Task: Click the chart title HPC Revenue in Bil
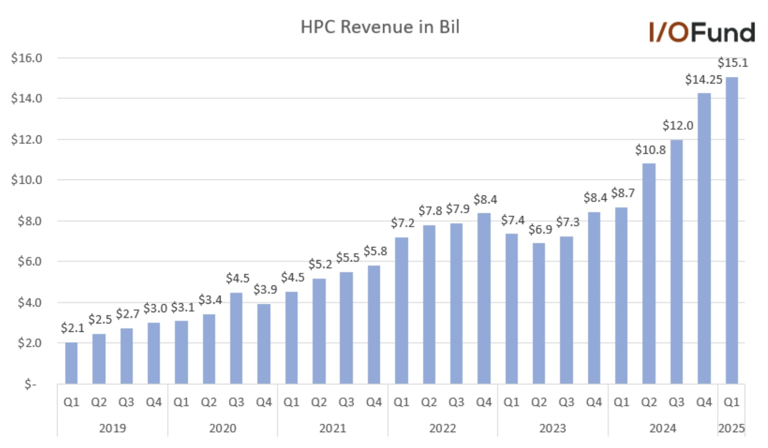pyautogui.click(x=380, y=27)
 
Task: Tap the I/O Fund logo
pyautogui.click(x=702, y=33)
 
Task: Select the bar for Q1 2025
pyautogui.click(x=732, y=230)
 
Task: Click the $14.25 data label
pyautogui.click(x=703, y=80)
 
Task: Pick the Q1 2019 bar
pyautogui.click(x=71, y=363)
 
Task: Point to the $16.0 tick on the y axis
pyautogui.click(x=26, y=58)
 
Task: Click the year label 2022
pyautogui.click(x=442, y=428)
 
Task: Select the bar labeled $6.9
pyautogui.click(x=539, y=313)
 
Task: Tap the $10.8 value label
pyautogui.click(x=650, y=150)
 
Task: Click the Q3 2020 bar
pyautogui.click(x=236, y=338)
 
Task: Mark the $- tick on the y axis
pyautogui.click(x=30, y=384)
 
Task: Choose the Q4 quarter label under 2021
pyautogui.click(x=374, y=402)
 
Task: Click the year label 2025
pyautogui.click(x=731, y=428)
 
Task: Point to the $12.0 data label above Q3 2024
pyautogui.click(x=677, y=125)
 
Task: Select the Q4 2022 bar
pyautogui.click(x=484, y=298)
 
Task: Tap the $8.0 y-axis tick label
pyautogui.click(x=29, y=221)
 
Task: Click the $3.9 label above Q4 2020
pyautogui.click(x=265, y=289)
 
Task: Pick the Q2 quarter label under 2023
pyautogui.click(x=539, y=402)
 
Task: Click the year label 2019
pyautogui.click(x=112, y=428)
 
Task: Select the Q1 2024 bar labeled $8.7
pyautogui.click(x=621, y=295)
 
